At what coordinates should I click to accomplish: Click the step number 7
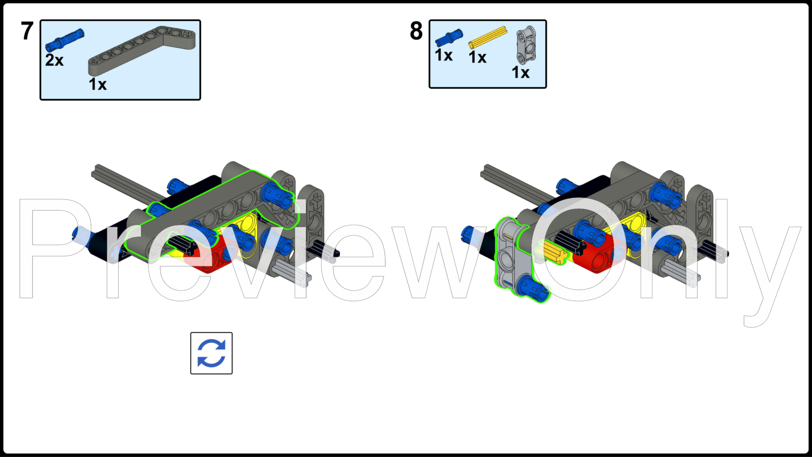coord(27,31)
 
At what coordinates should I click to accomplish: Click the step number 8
coord(416,31)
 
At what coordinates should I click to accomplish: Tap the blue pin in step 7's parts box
coord(65,40)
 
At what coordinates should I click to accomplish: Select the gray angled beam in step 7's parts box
coord(142,50)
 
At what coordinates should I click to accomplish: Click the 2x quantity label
coord(55,60)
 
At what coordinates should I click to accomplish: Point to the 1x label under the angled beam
coord(98,84)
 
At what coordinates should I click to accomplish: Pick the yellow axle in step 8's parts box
coord(488,37)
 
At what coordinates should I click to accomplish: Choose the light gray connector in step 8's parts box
coord(526,45)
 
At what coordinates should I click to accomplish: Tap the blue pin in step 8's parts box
coord(449,37)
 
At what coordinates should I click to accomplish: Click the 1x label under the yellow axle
coord(477,57)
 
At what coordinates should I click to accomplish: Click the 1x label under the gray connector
coord(521,72)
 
